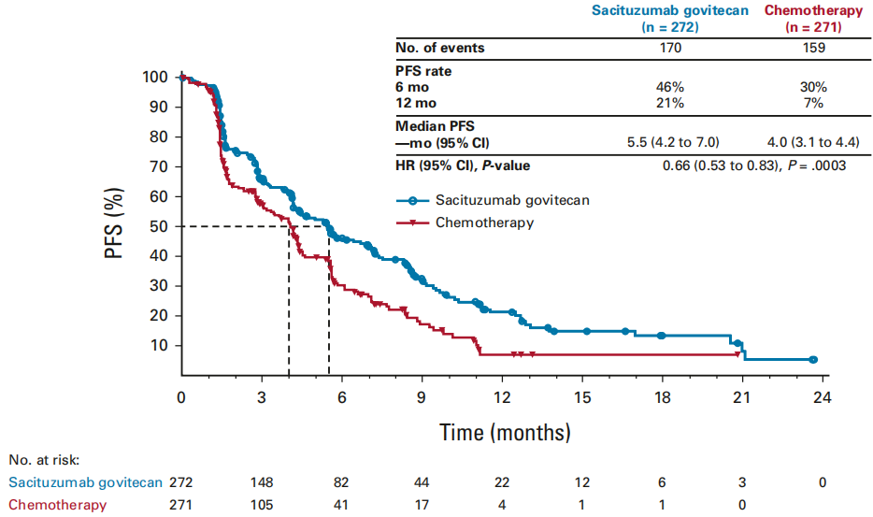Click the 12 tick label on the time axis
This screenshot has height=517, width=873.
tap(502, 396)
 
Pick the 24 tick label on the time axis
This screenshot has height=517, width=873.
tap(823, 396)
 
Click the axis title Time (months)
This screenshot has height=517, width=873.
tap(505, 433)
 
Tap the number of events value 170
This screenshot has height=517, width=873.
tap(670, 48)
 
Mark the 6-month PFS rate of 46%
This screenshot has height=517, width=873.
tap(670, 87)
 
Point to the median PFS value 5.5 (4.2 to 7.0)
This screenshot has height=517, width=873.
tap(670, 142)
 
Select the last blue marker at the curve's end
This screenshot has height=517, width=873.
tap(813, 360)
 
